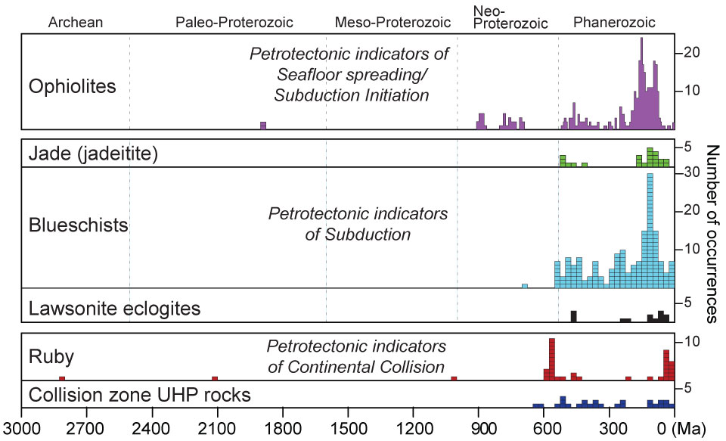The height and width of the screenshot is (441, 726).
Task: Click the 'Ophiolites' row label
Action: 72,86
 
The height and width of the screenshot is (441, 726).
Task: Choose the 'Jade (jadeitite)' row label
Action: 93,154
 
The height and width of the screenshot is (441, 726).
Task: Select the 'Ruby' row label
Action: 47,355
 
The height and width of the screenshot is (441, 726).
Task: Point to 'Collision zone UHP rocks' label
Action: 139,394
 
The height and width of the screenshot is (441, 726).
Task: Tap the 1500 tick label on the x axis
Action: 347,427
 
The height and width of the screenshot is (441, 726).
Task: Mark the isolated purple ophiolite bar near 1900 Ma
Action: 263,126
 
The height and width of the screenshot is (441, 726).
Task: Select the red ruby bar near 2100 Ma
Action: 215,377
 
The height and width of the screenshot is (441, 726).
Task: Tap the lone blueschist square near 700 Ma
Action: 525,285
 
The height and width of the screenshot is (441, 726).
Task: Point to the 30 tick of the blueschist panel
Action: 689,172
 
